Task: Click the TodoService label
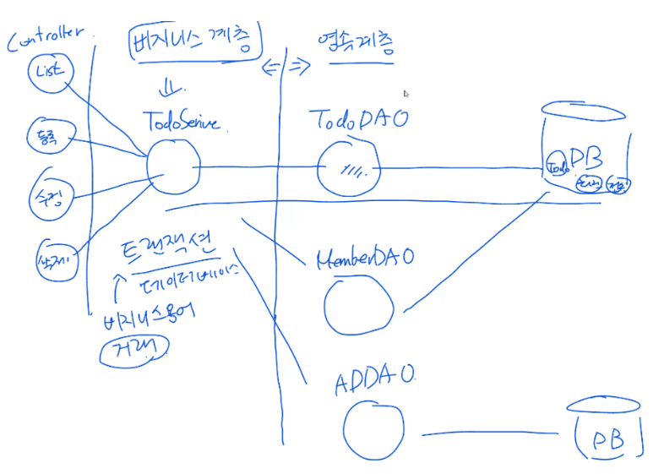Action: pyautogui.click(x=182, y=122)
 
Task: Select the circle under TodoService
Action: pyautogui.click(x=173, y=165)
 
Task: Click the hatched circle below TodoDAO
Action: pyautogui.click(x=348, y=167)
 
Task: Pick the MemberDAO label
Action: pyautogui.click(x=364, y=257)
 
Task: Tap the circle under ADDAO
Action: pyautogui.click(x=373, y=428)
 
